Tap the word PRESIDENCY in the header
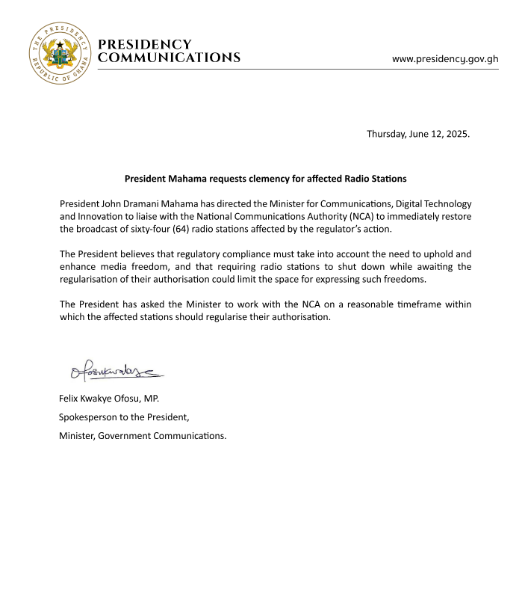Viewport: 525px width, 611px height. (145, 45)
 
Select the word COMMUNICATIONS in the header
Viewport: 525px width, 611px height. (170, 58)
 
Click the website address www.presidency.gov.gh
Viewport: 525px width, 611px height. (445, 58)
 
